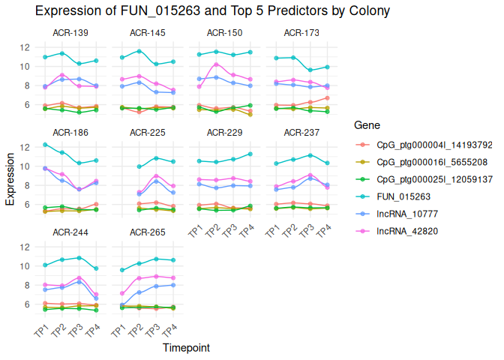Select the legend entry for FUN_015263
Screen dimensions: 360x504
(x=400, y=196)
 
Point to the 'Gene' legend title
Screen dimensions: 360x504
(x=367, y=125)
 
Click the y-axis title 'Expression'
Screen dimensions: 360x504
(x=10, y=178)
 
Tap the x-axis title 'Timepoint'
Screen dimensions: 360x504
(x=186, y=348)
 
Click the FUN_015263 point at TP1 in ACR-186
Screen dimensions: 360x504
(x=46, y=144)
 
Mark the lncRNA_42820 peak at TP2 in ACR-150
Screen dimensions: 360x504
(x=217, y=64)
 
